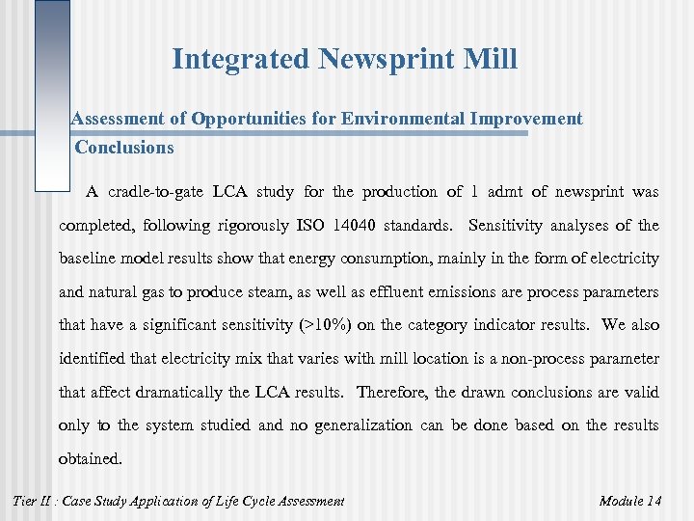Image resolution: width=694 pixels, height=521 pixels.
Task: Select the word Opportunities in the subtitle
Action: coord(253,119)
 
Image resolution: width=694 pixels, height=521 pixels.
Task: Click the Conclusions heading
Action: coord(124,148)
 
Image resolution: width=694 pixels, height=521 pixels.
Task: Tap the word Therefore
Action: coord(392,392)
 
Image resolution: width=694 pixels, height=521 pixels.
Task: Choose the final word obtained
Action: coord(91,459)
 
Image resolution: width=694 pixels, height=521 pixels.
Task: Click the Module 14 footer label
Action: coord(629,501)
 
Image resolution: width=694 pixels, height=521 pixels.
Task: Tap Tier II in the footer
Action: coord(37,501)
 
